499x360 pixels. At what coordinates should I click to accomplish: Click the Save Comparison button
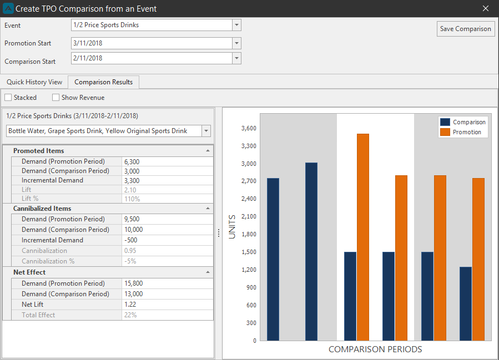[465, 29]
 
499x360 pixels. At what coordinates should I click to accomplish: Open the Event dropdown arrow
[236, 25]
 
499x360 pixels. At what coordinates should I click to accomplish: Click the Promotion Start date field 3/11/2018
[152, 43]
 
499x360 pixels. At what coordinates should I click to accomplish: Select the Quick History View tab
[34, 82]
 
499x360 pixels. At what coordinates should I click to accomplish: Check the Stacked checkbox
[8, 97]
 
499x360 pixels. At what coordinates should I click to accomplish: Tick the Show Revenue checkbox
[56, 97]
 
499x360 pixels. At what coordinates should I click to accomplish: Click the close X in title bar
[485, 8]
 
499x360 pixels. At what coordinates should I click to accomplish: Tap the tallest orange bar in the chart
[363, 237]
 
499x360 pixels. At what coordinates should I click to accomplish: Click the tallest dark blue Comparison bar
[311, 251]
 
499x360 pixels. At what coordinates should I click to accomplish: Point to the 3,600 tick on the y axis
[249, 128]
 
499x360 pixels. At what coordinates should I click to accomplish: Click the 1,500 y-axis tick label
[249, 252]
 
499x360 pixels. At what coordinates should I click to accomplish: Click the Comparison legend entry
[463, 122]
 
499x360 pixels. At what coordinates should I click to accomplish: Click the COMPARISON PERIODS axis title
[375, 349]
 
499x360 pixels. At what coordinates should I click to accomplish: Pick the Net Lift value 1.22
[130, 305]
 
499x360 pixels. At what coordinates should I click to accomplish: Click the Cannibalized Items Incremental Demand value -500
[131, 240]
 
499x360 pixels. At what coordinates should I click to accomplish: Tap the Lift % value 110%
[132, 199]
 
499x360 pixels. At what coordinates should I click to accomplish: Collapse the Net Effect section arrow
[208, 272]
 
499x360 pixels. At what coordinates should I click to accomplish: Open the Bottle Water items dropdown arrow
[206, 131]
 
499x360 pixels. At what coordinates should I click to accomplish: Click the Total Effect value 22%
[130, 315]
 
